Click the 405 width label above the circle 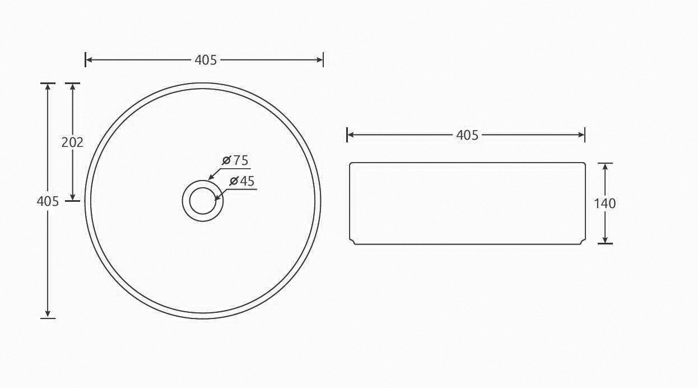tap(206, 60)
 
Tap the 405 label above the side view tap(467, 135)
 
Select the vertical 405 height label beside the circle tap(48, 201)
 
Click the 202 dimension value tap(73, 142)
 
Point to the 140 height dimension tap(605, 204)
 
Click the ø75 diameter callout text tap(235, 160)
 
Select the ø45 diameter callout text tap(242, 181)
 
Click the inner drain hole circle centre tap(203, 201)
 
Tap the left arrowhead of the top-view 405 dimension tap(89, 60)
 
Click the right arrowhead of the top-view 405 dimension tap(320, 60)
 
